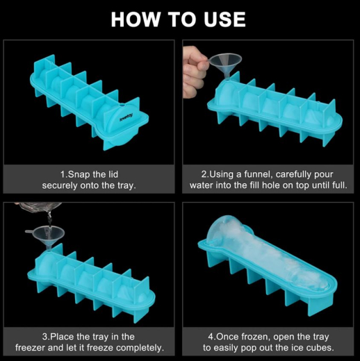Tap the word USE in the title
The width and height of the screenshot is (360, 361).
222,19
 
